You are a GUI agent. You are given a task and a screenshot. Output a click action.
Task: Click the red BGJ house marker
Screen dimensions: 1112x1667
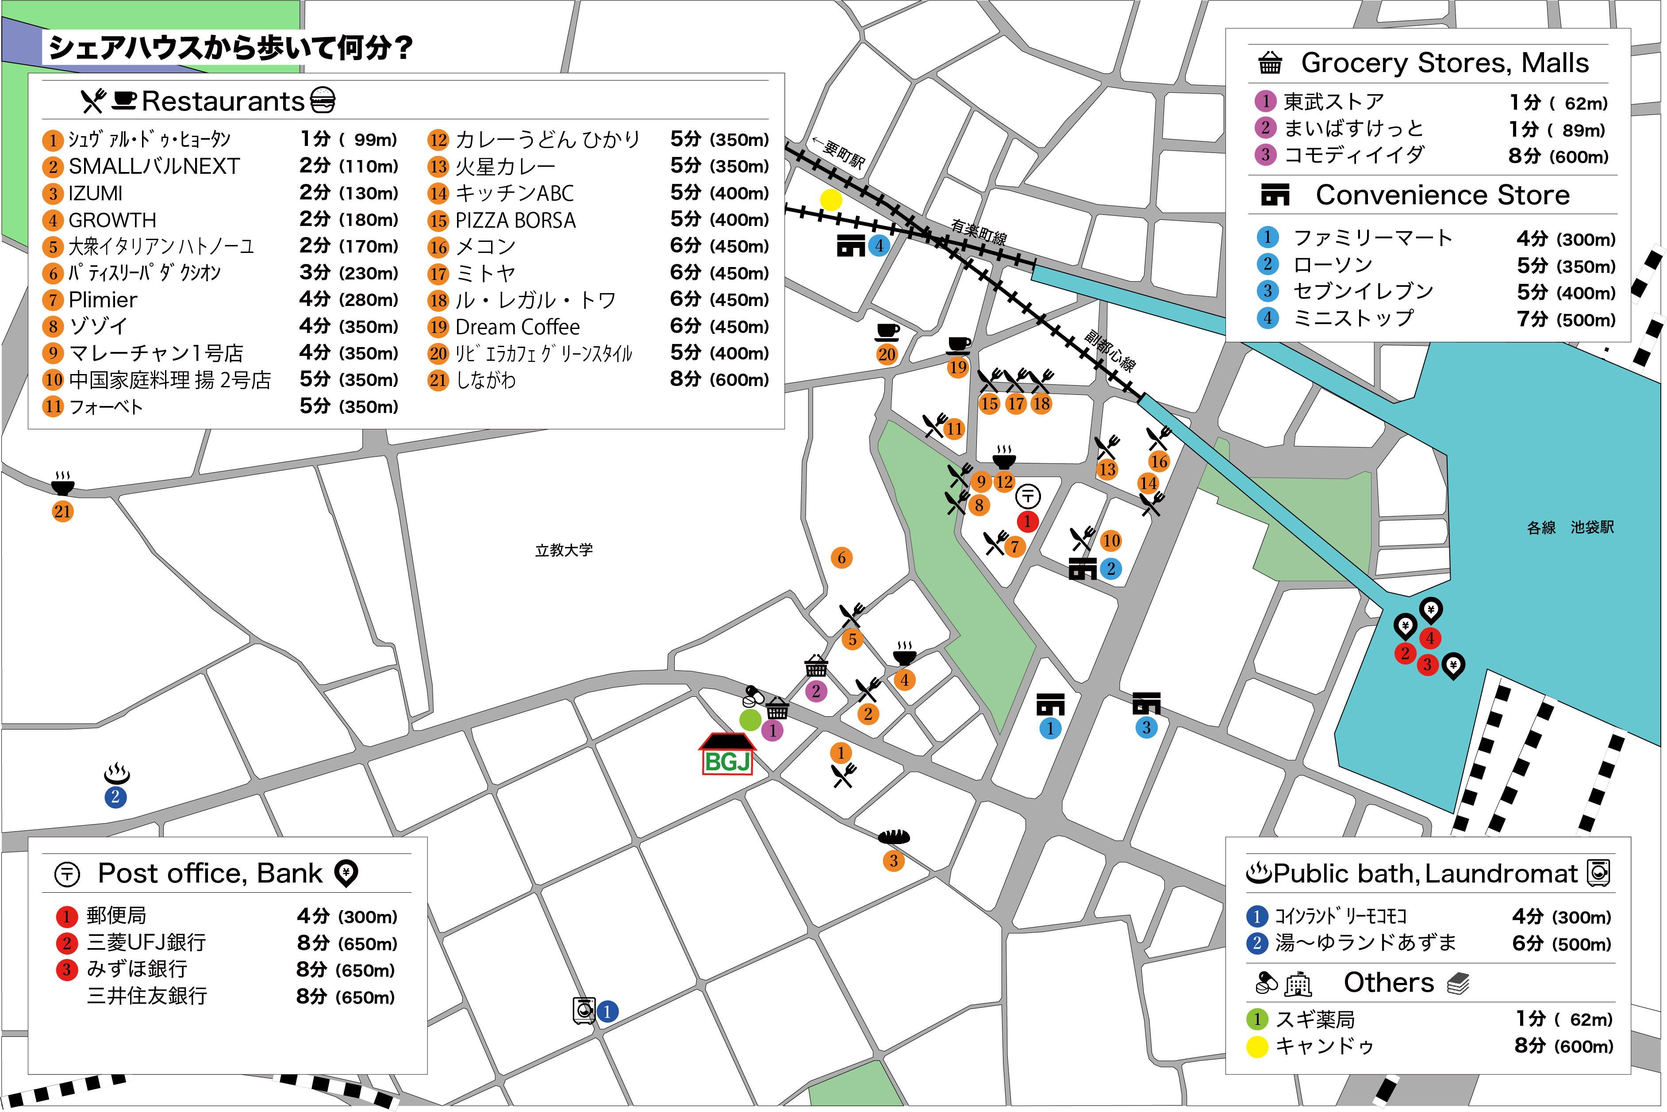[x=727, y=755]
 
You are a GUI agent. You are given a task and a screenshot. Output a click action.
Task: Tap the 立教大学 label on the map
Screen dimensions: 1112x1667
[x=564, y=550]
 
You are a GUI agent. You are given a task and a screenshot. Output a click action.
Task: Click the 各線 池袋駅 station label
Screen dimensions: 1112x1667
[x=1570, y=527]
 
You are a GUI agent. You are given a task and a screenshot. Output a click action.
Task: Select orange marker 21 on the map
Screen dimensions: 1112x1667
[x=62, y=511]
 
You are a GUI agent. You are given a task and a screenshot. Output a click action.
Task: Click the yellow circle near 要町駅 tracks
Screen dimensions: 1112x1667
[x=830, y=200]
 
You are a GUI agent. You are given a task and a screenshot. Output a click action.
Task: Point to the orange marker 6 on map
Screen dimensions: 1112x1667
[x=841, y=558]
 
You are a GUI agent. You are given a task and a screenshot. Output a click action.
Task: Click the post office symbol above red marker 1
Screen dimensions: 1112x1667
[x=1028, y=496]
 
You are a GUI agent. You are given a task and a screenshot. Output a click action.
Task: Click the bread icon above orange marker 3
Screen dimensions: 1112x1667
[x=894, y=837]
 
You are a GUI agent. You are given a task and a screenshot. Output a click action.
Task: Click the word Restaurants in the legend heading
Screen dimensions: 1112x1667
[x=223, y=101]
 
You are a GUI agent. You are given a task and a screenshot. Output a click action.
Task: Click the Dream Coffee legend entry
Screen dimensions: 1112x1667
[x=517, y=327]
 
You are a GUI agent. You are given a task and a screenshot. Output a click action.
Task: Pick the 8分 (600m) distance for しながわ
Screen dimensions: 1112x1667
[x=719, y=379]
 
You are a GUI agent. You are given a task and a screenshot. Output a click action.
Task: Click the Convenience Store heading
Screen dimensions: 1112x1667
[x=1442, y=195]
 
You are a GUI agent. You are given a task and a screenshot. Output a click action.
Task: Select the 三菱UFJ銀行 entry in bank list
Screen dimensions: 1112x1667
[x=146, y=943]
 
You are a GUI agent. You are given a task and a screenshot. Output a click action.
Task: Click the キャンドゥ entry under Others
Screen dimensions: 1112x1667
[x=1324, y=1046]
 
